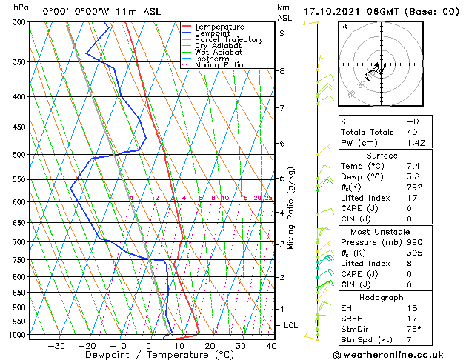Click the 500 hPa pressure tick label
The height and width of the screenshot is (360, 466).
pyautogui.click(x=19, y=155)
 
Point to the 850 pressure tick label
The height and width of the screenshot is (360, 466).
pyautogui.click(x=19, y=293)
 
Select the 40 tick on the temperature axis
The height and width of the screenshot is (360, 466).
pyautogui.click(x=271, y=345)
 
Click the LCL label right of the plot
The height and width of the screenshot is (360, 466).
pyautogui.click(x=291, y=325)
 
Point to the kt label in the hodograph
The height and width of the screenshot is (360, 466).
pyautogui.click(x=344, y=26)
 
